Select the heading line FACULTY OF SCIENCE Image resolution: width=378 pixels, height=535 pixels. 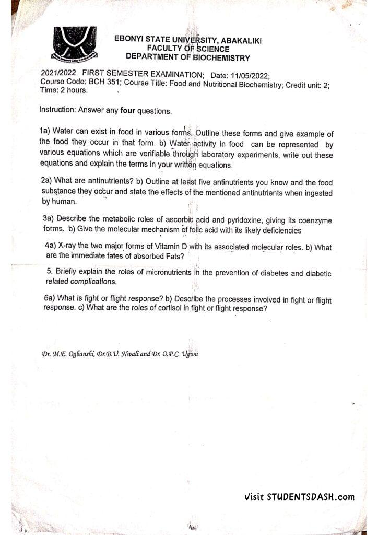(184, 49)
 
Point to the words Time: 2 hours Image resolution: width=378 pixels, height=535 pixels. (63, 90)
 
